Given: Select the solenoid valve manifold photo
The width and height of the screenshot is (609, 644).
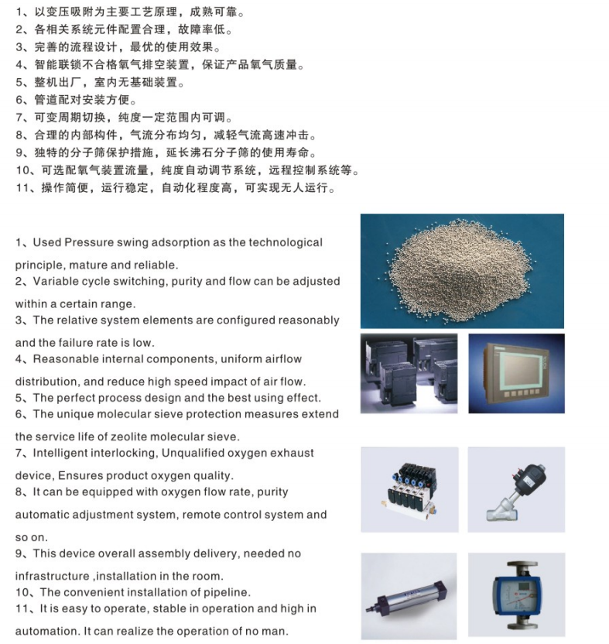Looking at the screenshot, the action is tap(409, 489).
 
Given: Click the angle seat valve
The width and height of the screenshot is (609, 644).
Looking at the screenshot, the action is tap(516, 492).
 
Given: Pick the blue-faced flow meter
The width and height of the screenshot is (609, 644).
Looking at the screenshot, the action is tap(516, 596).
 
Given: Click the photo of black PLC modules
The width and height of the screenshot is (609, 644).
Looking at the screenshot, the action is tap(409, 373).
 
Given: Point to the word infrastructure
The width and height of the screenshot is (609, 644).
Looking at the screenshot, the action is tap(52, 576).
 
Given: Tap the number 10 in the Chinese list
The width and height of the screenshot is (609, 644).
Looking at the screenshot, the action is tap(23, 170).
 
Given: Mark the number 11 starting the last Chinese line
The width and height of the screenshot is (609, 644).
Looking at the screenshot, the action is tap(23, 187).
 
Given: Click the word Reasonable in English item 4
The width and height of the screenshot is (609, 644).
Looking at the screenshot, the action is tap(66, 359).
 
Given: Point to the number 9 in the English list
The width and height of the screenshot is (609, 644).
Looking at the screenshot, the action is tap(19, 553).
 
